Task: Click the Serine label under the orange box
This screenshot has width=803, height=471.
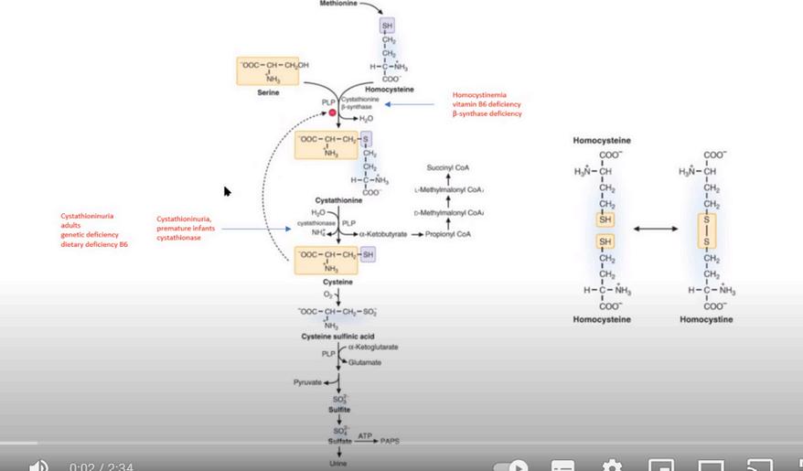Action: (x=256, y=93)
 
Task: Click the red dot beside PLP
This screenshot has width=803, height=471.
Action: (x=334, y=112)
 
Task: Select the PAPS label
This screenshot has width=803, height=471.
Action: (x=391, y=441)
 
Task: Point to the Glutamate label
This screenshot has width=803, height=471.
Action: (x=364, y=362)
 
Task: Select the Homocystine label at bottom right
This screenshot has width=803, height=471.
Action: (x=706, y=320)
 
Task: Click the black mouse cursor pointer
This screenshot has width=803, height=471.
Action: (x=227, y=191)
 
